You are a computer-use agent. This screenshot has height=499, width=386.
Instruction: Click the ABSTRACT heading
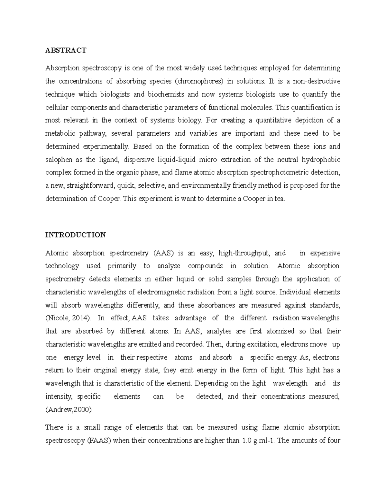coord(66,50)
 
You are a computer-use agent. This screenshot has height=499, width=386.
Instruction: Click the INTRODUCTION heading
coord(75,235)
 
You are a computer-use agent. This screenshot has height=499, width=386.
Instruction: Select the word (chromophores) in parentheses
coord(199,81)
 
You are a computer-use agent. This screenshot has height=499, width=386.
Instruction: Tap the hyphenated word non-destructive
coord(316,81)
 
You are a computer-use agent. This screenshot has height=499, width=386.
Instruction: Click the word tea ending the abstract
coord(280,199)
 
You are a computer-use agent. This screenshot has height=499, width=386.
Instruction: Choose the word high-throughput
coord(244,253)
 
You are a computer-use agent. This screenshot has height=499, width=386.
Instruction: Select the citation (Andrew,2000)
coord(69,410)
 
